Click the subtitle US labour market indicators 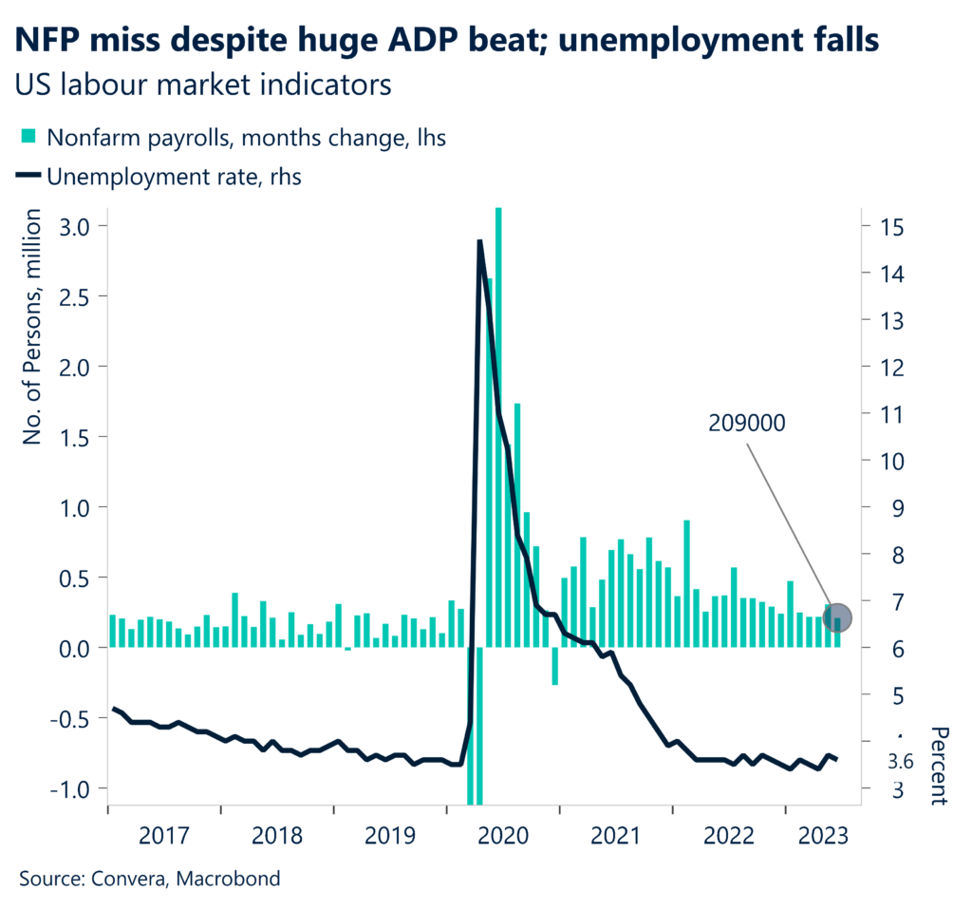pos(203,85)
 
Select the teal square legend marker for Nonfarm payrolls pos(28,138)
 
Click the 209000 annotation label pos(746,425)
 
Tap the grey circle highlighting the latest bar pos(835,618)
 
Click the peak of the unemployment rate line pos(480,241)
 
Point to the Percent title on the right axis pos(939,766)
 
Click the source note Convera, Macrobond pos(150,879)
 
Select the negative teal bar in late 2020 pos(555,665)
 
